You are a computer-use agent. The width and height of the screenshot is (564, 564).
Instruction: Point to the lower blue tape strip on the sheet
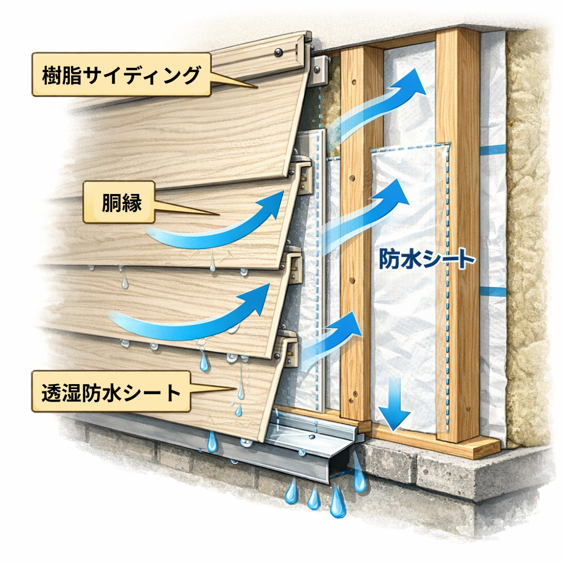(x=492, y=292)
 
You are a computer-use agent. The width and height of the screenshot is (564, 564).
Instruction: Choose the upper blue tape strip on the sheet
(x=492, y=149)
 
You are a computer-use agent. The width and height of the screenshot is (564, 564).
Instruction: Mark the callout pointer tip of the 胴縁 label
(x=219, y=214)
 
